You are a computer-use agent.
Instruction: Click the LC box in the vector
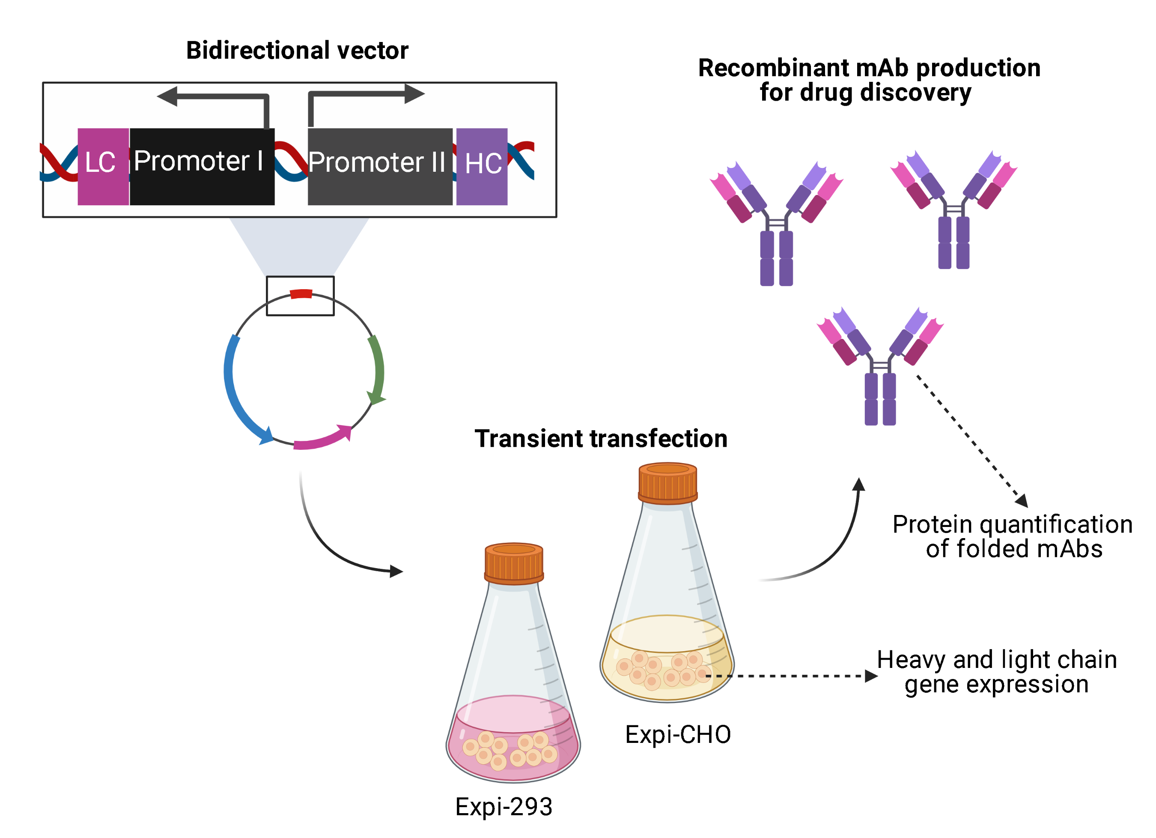coord(103,166)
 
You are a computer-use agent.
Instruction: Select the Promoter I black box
coord(202,166)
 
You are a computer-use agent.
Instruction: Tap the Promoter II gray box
coord(380,166)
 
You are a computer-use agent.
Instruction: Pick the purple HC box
coord(482,166)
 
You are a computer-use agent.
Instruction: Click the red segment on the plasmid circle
coord(301,294)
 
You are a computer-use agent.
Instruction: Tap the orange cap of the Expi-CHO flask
coord(668,482)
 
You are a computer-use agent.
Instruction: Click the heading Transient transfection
coord(601,439)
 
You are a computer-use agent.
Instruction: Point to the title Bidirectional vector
coord(297,51)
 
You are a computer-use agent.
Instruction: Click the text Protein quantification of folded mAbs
coord(1012,536)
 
